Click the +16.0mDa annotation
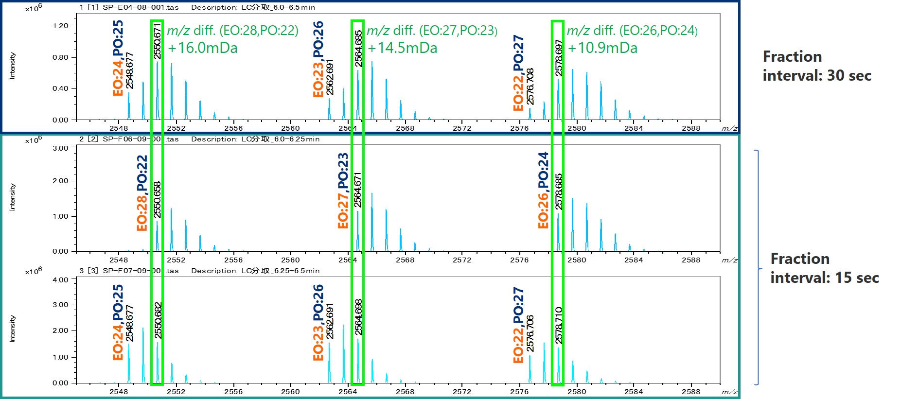pyautogui.click(x=202, y=48)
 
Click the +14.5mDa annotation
pyautogui.click(x=402, y=48)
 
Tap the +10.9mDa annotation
pyautogui.click(x=602, y=48)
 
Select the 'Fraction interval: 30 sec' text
pyautogui.click(x=816, y=66)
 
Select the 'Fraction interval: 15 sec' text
pyautogui.click(x=824, y=268)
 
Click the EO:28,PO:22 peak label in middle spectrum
pyautogui.click(x=142, y=193)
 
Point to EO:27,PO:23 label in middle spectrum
pyautogui.click(x=343, y=191)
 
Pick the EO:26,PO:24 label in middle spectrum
pyautogui.click(x=543, y=190)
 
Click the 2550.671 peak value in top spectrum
pyautogui.click(x=157, y=41)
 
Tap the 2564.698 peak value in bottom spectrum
pyautogui.click(x=358, y=317)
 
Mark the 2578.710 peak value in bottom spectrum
pyautogui.click(x=559, y=325)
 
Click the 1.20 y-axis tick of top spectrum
pyautogui.click(x=60, y=26)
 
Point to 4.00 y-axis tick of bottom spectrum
pyautogui.click(x=60, y=280)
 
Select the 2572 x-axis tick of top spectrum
pyautogui.click(x=462, y=128)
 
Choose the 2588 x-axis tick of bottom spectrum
pyautogui.click(x=690, y=392)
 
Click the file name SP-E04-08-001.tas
pyautogui.click(x=141, y=7)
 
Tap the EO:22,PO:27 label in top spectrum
pyautogui.click(x=518, y=73)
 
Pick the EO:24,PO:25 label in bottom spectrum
pyautogui.click(x=118, y=322)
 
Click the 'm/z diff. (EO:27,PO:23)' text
pyautogui.click(x=432, y=31)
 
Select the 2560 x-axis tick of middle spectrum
pyautogui.click(x=290, y=260)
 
